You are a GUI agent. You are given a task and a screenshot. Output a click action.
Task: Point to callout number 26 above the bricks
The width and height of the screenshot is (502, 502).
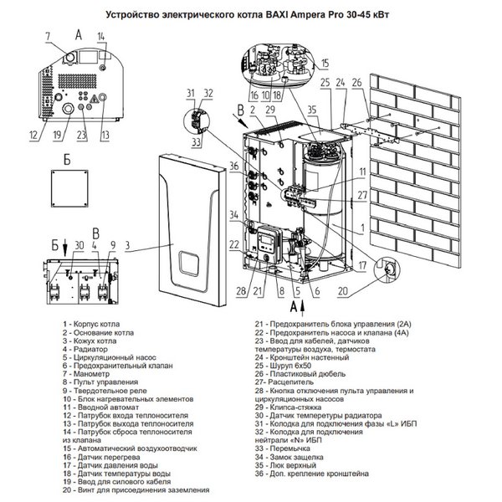pyautogui.click(x=356, y=82)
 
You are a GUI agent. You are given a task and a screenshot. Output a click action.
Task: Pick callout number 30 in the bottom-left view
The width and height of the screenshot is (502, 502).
pyautogui.click(x=79, y=243)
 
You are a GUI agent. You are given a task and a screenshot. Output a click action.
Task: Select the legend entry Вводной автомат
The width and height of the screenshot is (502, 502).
pyautogui.click(x=100, y=409)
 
